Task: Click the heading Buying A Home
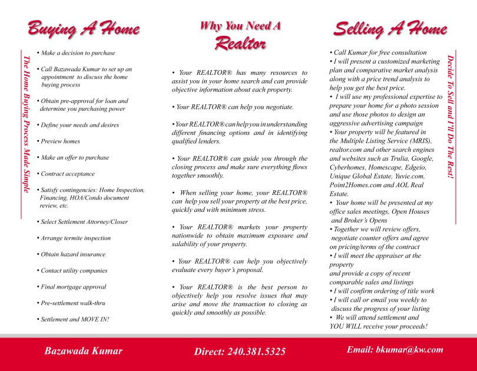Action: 83,29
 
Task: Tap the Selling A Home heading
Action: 390,29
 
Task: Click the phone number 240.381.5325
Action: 256,352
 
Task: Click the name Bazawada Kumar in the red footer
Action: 84,351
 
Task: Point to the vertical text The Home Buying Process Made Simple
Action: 25,124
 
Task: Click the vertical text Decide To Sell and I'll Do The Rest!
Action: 450,117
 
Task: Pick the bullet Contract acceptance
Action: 67,174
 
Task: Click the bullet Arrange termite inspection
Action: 75,238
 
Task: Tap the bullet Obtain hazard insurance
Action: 72,254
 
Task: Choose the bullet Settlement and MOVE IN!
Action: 74,319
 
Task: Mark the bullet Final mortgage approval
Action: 73,287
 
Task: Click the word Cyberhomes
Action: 349,167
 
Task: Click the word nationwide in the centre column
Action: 190,236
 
